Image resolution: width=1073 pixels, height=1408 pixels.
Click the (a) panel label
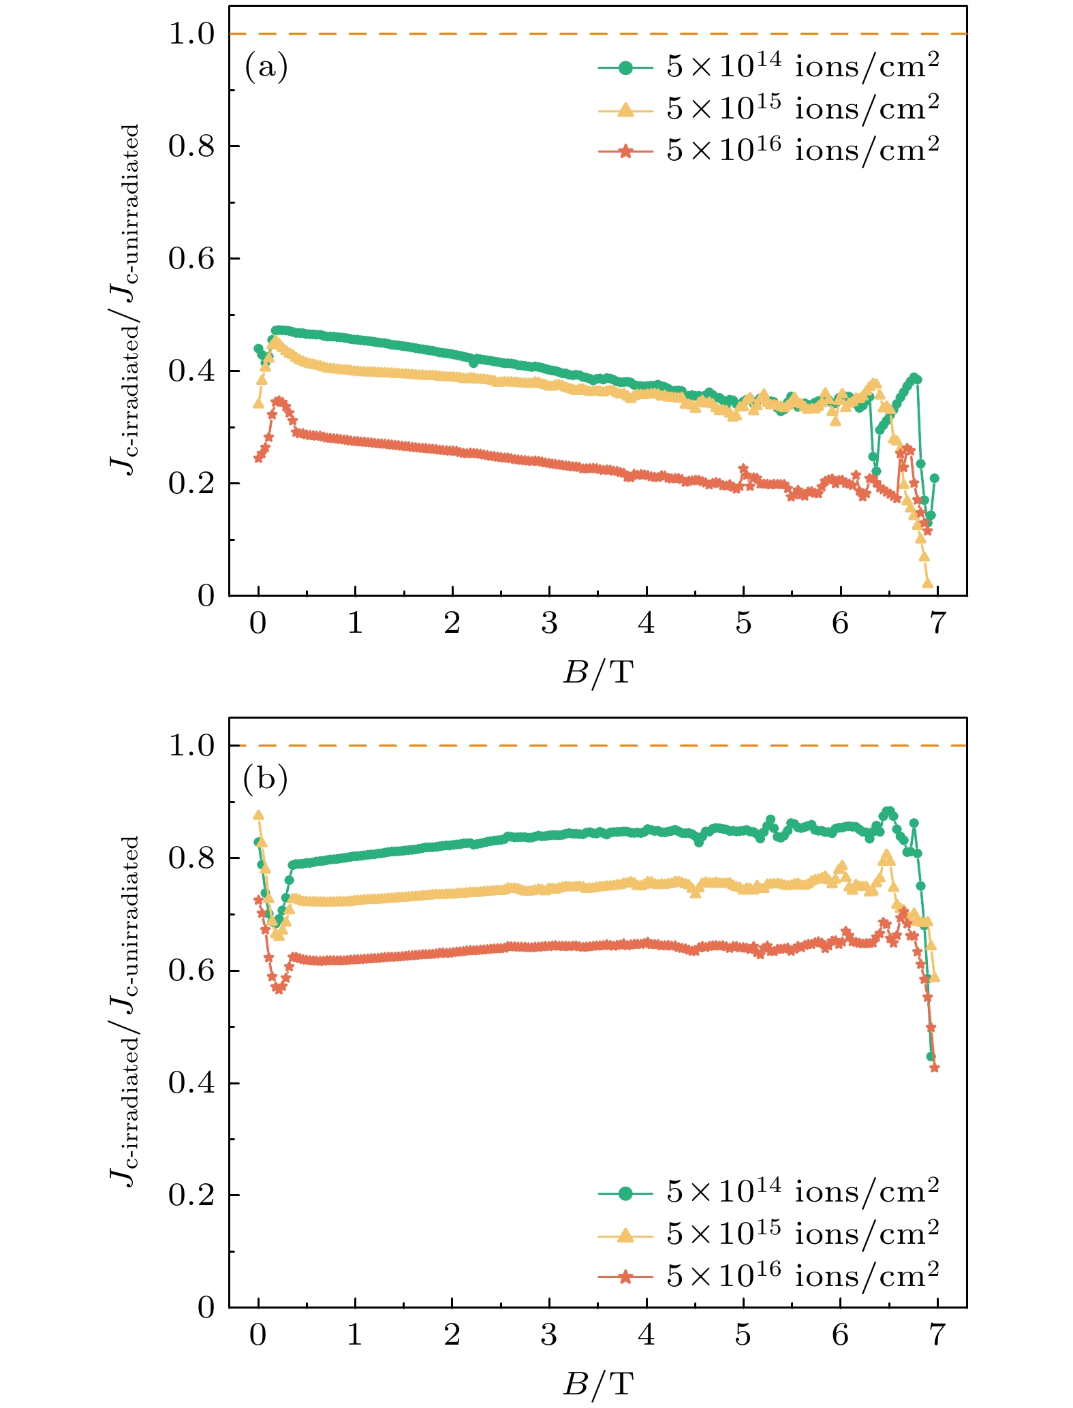266,68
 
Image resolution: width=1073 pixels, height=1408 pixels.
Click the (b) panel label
266,779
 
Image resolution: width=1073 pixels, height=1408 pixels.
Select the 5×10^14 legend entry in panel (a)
768,67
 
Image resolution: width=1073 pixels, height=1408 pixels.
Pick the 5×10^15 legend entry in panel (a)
768,109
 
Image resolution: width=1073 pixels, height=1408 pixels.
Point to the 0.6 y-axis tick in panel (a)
191,260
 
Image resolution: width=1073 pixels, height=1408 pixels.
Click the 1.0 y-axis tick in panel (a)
191,35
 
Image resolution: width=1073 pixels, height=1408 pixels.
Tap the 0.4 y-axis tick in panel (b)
191,1083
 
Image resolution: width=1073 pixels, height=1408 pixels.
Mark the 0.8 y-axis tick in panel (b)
191,858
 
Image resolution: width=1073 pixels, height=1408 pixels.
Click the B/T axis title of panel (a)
597,673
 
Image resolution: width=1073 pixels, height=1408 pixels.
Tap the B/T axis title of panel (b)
597,1384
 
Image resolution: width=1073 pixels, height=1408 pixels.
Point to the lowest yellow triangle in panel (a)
927,583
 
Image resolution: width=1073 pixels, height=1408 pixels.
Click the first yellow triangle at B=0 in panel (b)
258,815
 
